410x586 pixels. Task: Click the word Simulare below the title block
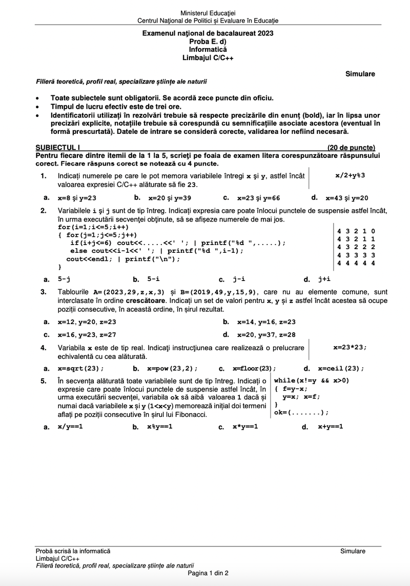[x=360, y=74]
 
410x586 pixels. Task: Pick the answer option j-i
[x=239, y=279]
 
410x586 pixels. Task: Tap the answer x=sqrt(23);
[x=80, y=368]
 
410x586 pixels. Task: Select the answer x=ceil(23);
[x=341, y=368]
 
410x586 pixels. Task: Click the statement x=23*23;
[x=350, y=347]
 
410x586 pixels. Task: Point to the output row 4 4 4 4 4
[x=356, y=263]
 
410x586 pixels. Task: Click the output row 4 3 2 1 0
[x=356, y=231]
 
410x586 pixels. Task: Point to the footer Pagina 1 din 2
[x=208, y=573]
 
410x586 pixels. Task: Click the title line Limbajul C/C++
[x=208, y=58]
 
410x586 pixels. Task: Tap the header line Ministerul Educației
[x=208, y=13]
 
